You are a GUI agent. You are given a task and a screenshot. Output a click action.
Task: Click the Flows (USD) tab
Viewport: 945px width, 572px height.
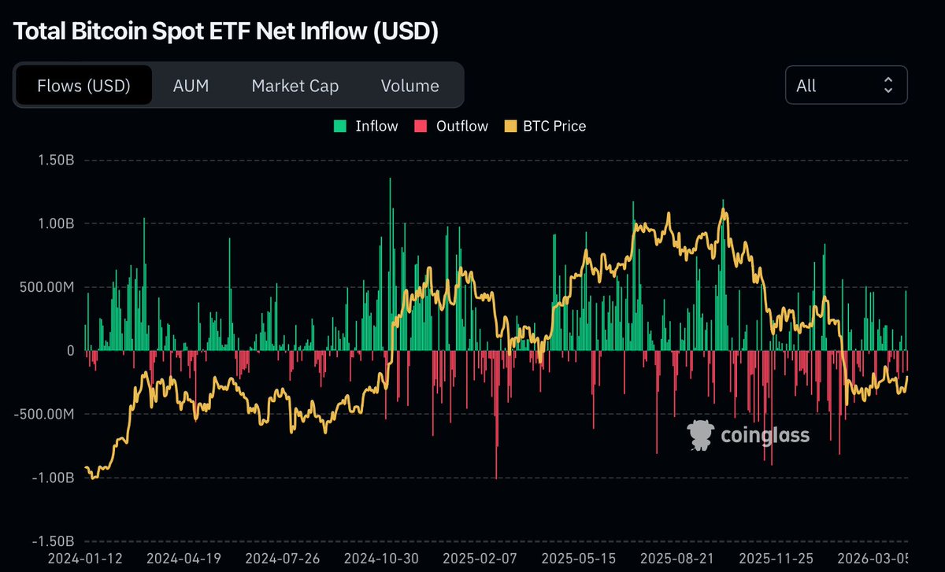(83, 86)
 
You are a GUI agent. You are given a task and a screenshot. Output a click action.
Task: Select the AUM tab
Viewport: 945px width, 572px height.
(191, 86)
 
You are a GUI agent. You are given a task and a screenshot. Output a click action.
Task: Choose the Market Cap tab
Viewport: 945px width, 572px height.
(295, 86)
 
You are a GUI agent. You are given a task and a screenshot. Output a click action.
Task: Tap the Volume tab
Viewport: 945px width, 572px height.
(409, 86)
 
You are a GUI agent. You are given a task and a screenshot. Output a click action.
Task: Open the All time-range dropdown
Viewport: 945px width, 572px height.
(846, 86)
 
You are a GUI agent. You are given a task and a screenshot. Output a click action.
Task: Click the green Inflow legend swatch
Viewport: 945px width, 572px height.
(340, 126)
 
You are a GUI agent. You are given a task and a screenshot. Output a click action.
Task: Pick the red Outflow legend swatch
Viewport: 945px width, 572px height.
(421, 126)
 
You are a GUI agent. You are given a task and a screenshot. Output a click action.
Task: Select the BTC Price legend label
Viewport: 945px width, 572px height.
(554, 126)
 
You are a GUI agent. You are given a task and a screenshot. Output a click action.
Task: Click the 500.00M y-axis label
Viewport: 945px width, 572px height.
(46, 287)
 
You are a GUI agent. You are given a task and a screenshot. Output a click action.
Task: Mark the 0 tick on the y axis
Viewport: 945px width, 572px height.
(69, 351)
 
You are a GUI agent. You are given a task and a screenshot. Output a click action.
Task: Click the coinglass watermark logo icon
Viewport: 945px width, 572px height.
(700, 435)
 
